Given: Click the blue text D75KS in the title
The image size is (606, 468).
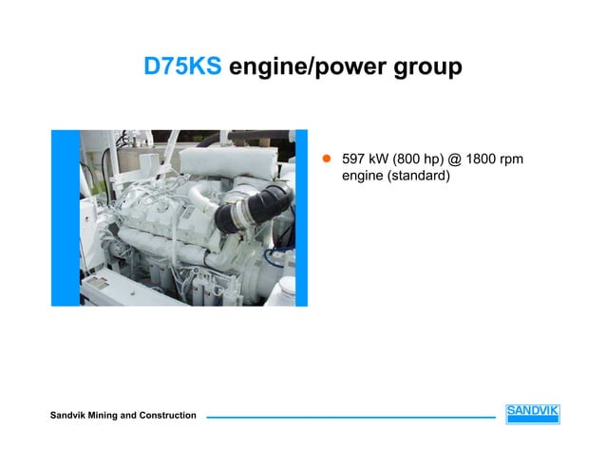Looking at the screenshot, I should (x=182, y=67).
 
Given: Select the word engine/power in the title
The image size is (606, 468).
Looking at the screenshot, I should (x=303, y=68).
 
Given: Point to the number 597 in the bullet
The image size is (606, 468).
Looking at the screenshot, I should (x=353, y=158).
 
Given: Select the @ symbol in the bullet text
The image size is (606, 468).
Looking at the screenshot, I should (x=446, y=158).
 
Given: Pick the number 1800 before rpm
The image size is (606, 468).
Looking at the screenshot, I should (x=475, y=158).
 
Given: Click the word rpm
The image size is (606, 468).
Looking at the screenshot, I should (x=509, y=158).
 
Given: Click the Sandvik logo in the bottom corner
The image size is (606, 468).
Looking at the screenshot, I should (x=532, y=414).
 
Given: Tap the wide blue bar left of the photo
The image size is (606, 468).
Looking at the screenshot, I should (x=64, y=217).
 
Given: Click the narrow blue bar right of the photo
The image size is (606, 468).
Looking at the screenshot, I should (x=302, y=217).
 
